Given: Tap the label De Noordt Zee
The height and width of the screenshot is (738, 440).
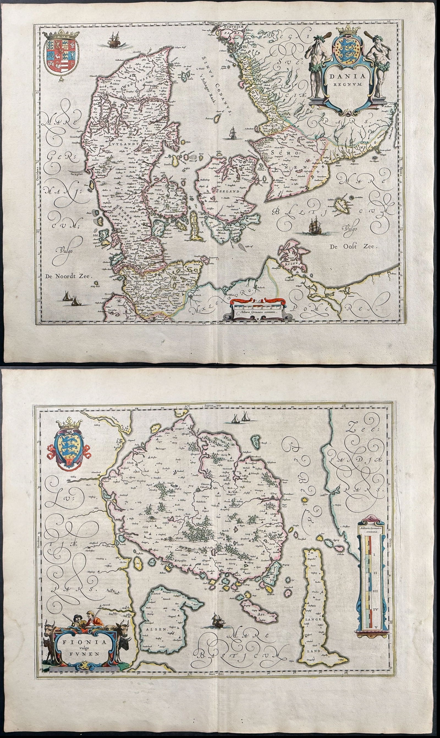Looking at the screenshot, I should point(69,276).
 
